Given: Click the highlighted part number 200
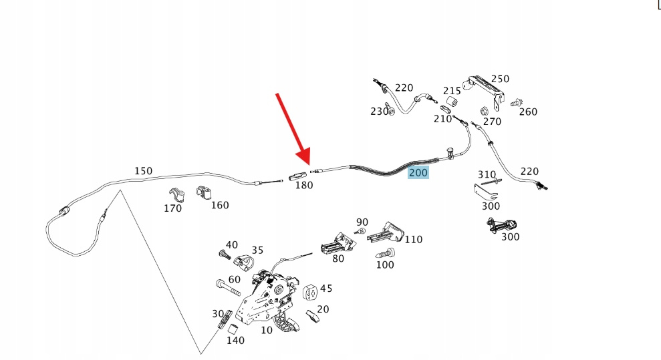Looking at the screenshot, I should (x=418, y=173).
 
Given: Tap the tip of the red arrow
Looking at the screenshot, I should (x=309, y=164).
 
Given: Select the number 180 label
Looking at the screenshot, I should (x=304, y=185).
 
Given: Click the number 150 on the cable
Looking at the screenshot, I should (x=143, y=171).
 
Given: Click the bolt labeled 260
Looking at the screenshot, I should (x=516, y=103).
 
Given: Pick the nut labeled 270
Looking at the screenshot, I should (x=483, y=110).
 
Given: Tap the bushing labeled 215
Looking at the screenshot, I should (x=450, y=102).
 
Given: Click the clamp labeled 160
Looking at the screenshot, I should (x=204, y=192).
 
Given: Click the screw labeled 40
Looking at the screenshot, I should (x=224, y=254).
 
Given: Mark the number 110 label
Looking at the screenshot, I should (x=414, y=239).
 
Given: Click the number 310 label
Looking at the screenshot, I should (x=487, y=175).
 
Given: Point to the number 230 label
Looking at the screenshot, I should (x=379, y=112).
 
